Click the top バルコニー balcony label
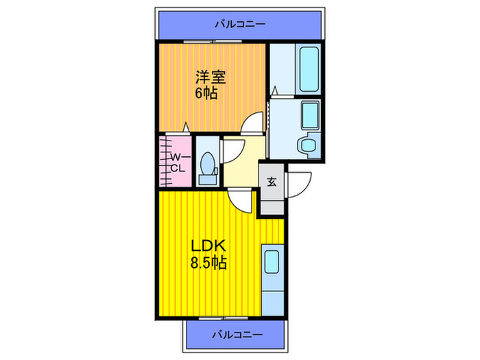coord(239,24)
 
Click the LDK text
coord(204,245)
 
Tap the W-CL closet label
coord(177,163)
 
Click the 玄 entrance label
coord(272,182)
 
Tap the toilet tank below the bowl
coord(207,179)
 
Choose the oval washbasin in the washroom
coord(306,144)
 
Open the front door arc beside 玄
coord(300,183)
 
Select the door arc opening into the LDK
coord(241,200)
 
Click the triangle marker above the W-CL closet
coord(185,127)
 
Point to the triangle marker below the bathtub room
coord(275,90)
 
